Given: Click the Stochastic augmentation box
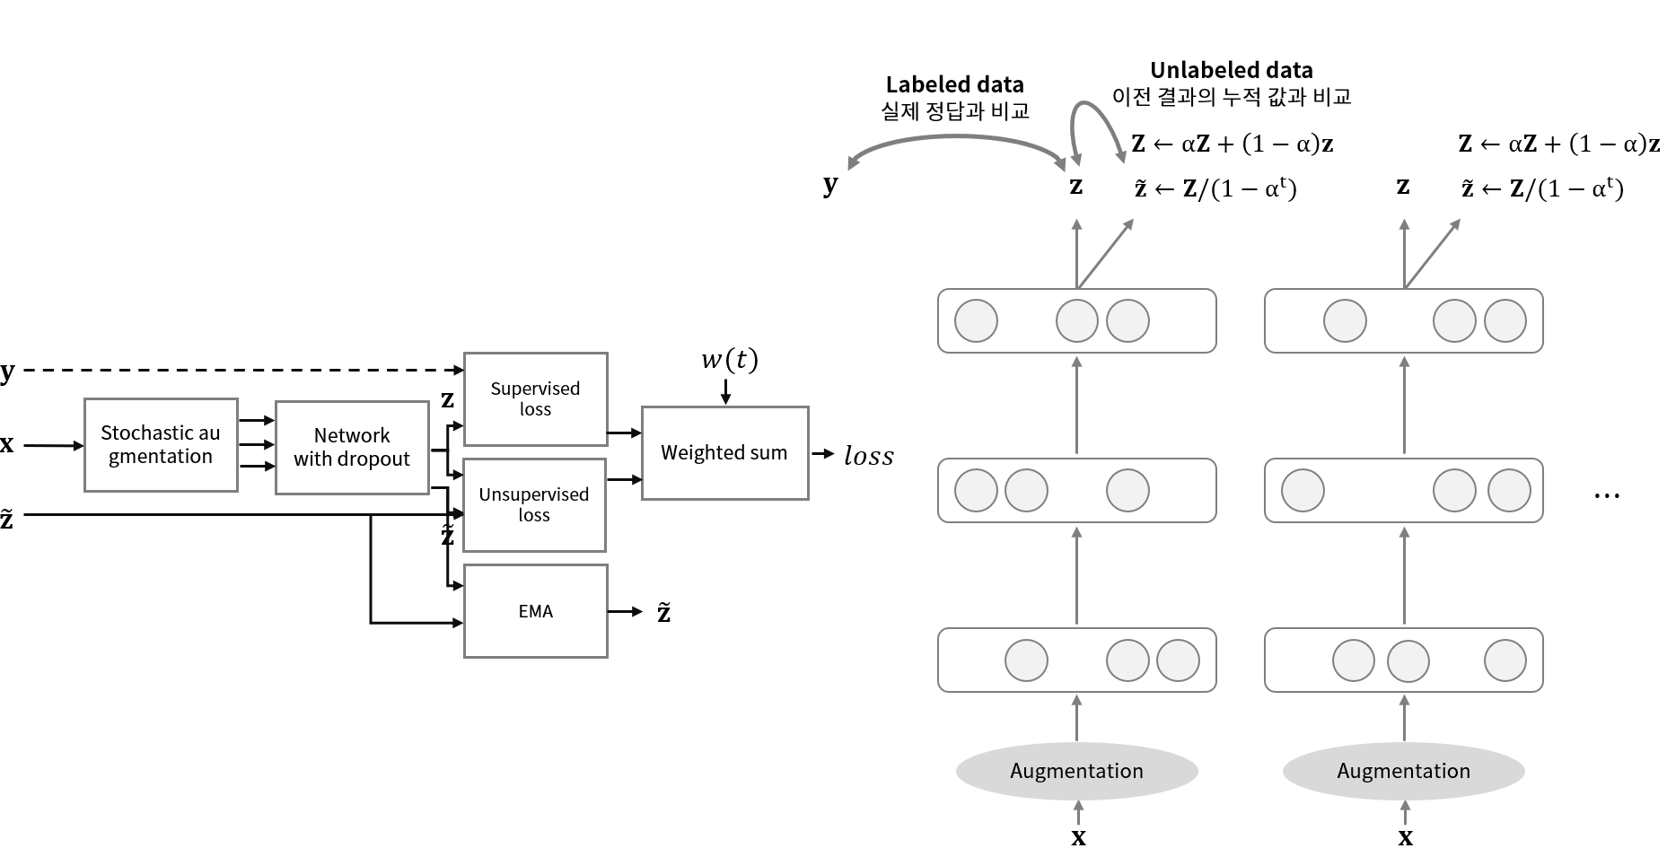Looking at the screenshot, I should click(x=161, y=445).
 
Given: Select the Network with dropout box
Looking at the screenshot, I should click(x=352, y=447).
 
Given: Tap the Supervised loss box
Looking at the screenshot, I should click(x=535, y=398).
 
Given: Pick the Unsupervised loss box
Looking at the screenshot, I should click(x=534, y=504).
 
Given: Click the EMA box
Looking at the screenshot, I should click(x=535, y=611).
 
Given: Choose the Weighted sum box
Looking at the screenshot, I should click(x=724, y=453).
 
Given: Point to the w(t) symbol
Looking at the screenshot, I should click(x=729, y=360).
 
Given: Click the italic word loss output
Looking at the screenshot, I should click(x=868, y=456).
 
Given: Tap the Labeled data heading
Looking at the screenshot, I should click(x=954, y=84).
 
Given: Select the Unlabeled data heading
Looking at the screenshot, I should click(x=1231, y=70).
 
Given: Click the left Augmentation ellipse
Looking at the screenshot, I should click(x=1076, y=771).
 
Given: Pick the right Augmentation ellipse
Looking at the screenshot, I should click(x=1403, y=771).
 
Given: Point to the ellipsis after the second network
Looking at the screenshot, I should click(x=1606, y=495).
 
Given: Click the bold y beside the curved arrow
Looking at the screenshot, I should click(x=830, y=185).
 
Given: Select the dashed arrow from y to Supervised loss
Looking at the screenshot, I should click(x=233, y=370).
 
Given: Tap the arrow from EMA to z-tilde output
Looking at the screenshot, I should click(x=626, y=611).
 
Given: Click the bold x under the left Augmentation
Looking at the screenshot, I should click(x=1078, y=838).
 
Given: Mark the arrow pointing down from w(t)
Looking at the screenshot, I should click(x=726, y=392).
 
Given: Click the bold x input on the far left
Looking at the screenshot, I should click(x=7, y=444).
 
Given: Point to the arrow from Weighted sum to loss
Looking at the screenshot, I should click(x=822, y=454).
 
